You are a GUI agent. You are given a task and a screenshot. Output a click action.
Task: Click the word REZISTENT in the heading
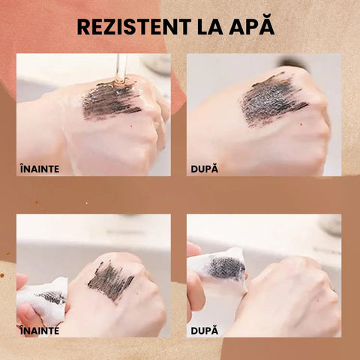click(134, 26)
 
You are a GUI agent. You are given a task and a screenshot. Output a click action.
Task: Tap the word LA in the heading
click(210, 26)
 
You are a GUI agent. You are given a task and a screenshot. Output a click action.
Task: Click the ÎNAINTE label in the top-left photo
click(40, 169)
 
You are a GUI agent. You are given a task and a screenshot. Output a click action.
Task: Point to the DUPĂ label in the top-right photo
click(205, 169)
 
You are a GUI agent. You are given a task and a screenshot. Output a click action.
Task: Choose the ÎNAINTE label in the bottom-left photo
click(40, 330)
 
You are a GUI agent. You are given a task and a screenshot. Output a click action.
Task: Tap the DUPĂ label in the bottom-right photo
click(205, 330)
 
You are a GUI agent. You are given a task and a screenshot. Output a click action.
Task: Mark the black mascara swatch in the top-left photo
click(111, 100)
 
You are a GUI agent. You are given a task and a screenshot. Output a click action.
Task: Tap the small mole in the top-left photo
click(132, 126)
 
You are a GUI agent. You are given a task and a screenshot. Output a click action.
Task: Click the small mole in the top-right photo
click(301, 124)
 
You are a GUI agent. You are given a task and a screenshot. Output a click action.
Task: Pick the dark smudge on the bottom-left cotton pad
click(53, 298)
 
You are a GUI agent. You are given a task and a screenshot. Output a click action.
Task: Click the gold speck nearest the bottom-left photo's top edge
click(87, 203)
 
